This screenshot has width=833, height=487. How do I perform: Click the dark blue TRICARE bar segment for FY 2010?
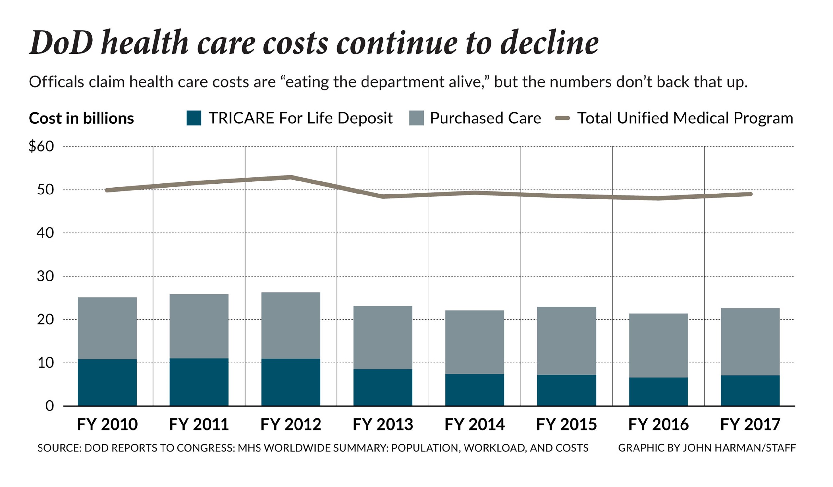point(107,382)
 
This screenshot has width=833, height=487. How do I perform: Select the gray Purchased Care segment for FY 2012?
point(291,326)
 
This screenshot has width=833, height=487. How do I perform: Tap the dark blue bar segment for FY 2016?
point(658,392)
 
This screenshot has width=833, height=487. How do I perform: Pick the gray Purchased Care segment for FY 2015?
point(566,341)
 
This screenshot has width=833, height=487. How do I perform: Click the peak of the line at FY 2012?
point(291,177)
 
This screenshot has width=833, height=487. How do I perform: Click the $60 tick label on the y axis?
point(41,146)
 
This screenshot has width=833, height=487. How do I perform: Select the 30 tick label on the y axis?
point(45,276)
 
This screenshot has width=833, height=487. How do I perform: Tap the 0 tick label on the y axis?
point(49,406)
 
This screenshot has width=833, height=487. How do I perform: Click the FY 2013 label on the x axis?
point(382,424)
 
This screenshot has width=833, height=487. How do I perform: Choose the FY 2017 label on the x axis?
point(750,424)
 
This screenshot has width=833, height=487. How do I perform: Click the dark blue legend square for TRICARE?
point(194,118)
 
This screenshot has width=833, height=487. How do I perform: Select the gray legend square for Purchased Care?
point(416,118)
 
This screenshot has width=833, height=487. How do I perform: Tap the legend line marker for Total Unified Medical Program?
point(562,118)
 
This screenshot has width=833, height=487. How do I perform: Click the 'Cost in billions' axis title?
point(81,119)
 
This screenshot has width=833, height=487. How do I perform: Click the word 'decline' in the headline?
point(549,43)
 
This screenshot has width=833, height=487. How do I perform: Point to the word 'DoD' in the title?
point(62,43)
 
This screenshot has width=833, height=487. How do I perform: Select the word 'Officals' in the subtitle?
point(56,82)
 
